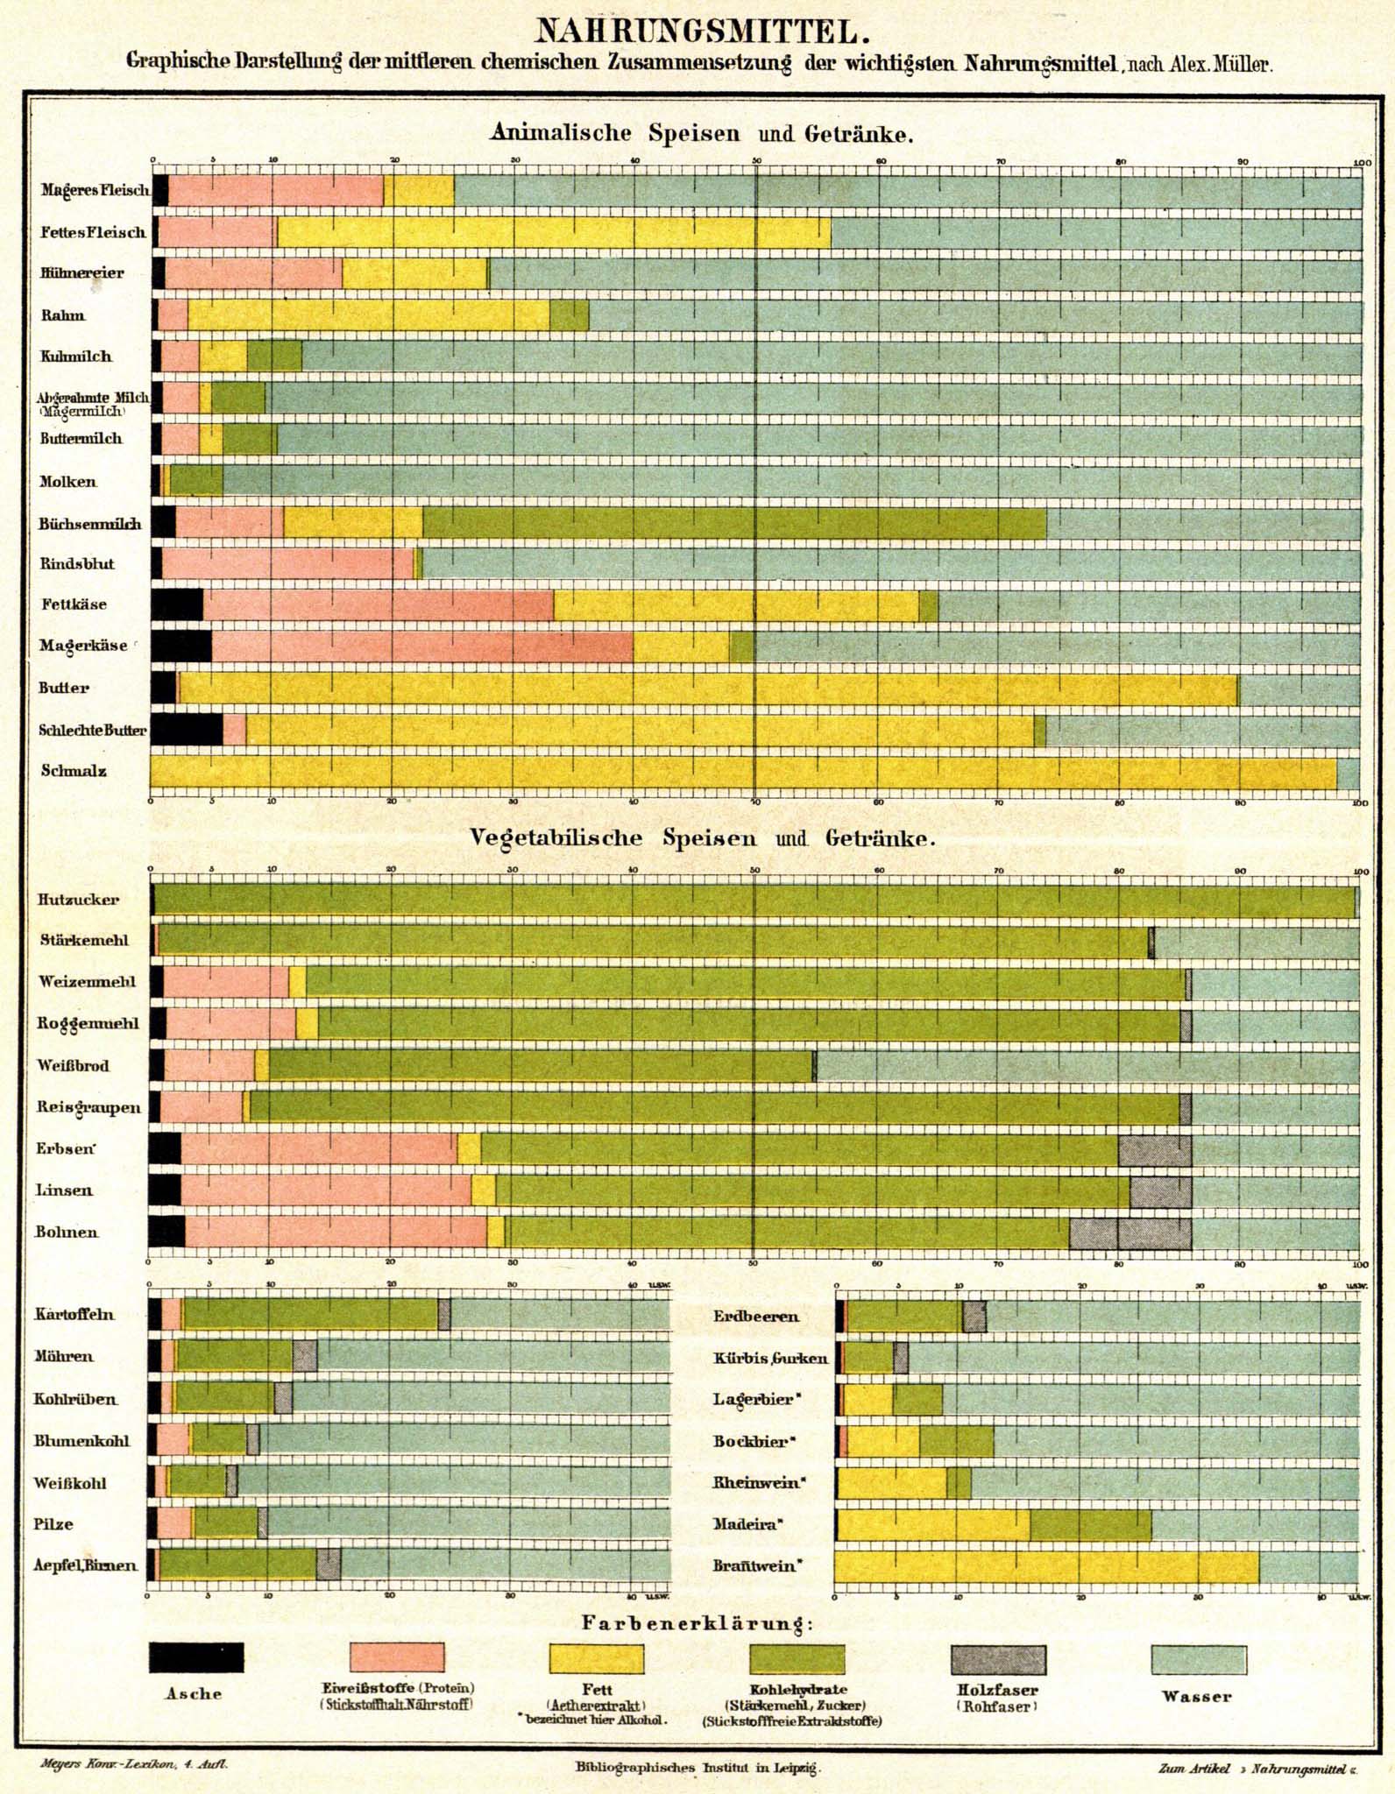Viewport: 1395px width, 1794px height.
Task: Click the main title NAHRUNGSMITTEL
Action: pos(702,32)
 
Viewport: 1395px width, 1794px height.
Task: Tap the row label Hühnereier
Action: pos(81,273)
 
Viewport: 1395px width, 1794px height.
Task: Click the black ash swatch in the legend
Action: pos(196,1657)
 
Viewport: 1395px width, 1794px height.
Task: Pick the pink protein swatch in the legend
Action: pos(397,1657)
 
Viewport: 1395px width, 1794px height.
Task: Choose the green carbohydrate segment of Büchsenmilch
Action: pos(734,523)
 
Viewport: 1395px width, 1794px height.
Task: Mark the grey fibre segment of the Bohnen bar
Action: pos(1129,1232)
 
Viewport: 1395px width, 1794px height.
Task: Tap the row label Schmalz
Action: pos(74,771)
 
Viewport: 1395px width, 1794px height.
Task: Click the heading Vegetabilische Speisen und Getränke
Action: pos(702,837)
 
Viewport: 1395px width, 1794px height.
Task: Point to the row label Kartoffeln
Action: pos(74,1314)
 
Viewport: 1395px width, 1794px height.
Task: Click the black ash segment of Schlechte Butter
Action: pos(187,730)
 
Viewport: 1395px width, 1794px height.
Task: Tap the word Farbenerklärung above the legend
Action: pos(697,1623)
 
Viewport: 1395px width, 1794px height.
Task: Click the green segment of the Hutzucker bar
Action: pos(754,901)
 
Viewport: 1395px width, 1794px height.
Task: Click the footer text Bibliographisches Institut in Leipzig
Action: pos(697,1767)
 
